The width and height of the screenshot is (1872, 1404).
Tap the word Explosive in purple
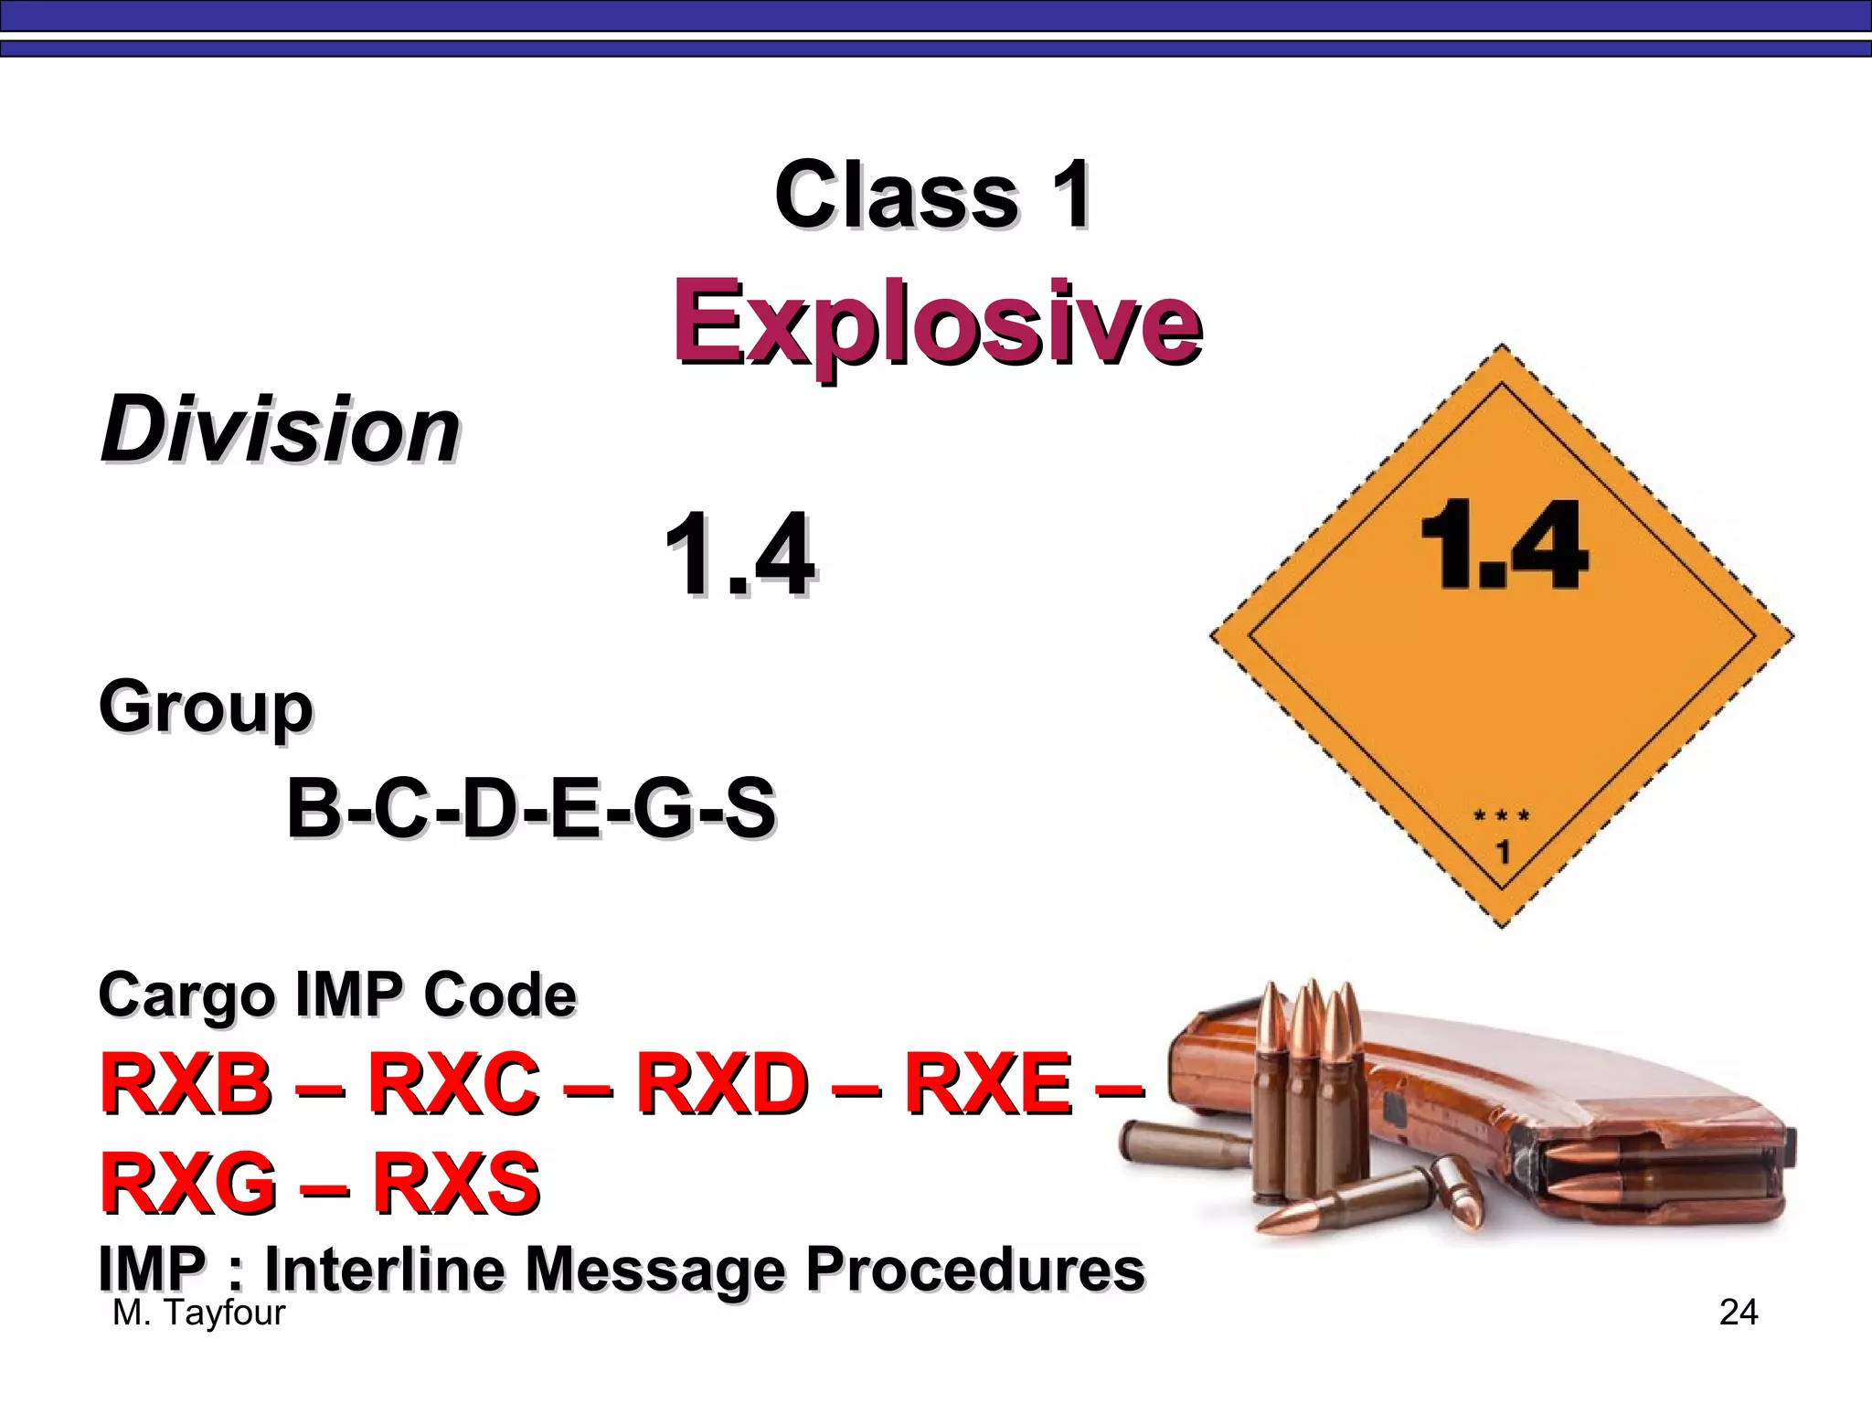(x=937, y=324)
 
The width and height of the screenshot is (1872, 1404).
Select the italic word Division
(x=280, y=430)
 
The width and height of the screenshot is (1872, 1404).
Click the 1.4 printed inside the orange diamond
(x=1503, y=546)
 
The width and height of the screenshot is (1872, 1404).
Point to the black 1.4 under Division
(x=739, y=555)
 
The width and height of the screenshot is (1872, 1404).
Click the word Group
(x=206, y=708)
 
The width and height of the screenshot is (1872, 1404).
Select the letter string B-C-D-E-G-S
(x=531, y=808)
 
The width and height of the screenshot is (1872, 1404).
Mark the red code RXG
(x=188, y=1182)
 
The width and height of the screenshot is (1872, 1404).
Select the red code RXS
(x=456, y=1182)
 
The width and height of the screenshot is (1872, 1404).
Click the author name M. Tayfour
(x=198, y=1313)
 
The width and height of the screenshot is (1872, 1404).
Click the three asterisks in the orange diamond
(x=1502, y=815)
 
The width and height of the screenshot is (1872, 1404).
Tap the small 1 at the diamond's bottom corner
(x=1503, y=853)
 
